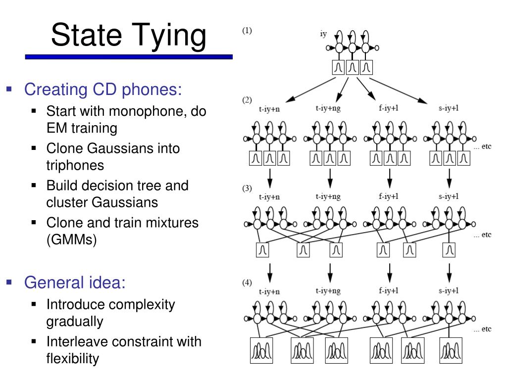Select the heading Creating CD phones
click(103, 90)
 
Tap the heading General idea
click(75, 283)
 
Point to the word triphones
click(75, 165)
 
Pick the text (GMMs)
click(71, 240)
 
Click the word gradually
click(75, 321)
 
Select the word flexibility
click(73, 358)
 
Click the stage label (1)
click(247, 31)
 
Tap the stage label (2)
click(247, 100)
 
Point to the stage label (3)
click(247, 189)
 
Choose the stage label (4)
click(247, 283)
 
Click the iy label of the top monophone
click(323, 34)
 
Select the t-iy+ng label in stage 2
click(328, 108)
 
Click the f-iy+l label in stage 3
click(389, 196)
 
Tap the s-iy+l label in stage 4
click(449, 290)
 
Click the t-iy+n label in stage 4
click(269, 291)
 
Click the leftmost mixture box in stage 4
click(259, 351)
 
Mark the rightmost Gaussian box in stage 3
click(449, 251)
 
